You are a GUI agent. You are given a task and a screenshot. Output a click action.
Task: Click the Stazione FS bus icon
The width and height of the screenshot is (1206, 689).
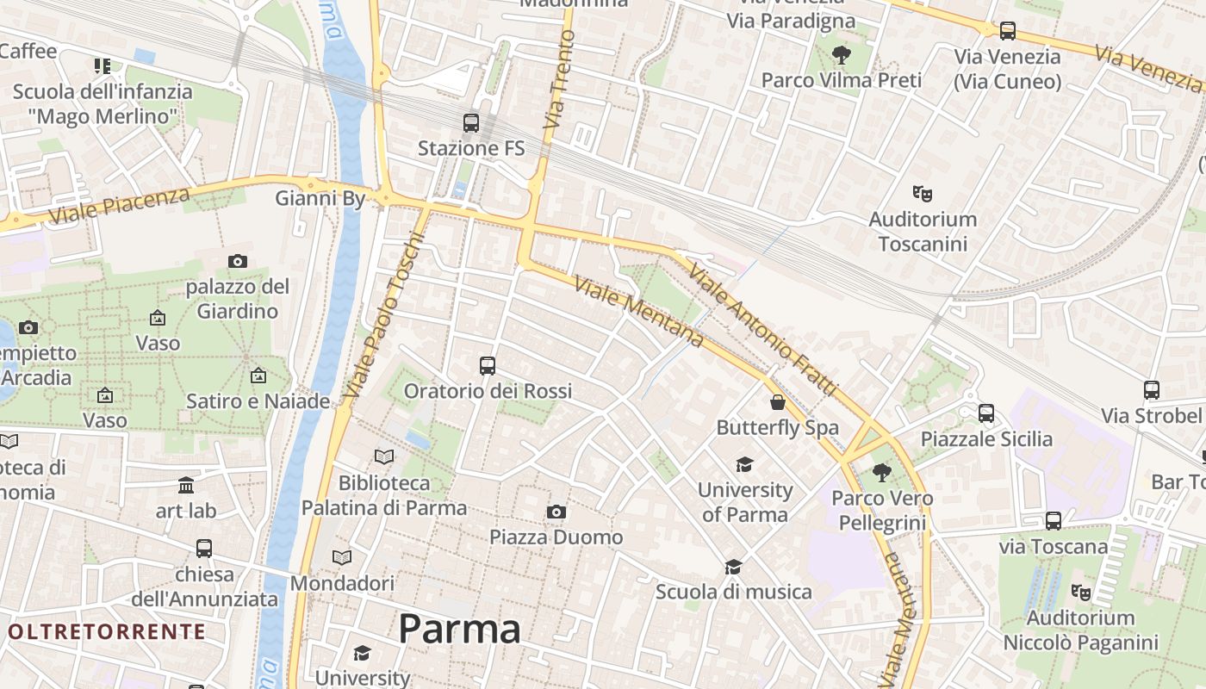(470, 122)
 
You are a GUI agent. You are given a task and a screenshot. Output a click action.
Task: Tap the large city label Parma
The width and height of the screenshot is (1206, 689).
(459, 630)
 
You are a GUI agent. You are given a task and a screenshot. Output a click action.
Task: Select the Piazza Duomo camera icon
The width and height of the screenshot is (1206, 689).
(556, 512)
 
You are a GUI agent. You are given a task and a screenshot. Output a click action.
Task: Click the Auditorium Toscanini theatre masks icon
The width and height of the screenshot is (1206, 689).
(923, 194)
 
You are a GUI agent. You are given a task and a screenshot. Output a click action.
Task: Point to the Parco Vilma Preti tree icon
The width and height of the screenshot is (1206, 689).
(841, 56)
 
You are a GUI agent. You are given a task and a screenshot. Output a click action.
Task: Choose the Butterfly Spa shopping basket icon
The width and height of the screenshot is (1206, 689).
(778, 402)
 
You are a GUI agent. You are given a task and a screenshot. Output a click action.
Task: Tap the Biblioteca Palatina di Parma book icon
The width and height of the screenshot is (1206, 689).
(384, 456)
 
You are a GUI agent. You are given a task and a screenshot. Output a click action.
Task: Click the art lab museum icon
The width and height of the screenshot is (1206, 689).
(186, 486)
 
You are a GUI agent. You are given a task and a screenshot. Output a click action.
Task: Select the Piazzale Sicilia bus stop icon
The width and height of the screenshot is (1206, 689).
(986, 413)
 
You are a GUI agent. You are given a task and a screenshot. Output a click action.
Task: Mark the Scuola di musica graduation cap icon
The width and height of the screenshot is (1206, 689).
(733, 567)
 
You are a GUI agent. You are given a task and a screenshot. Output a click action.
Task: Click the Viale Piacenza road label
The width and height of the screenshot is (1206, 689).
(119, 205)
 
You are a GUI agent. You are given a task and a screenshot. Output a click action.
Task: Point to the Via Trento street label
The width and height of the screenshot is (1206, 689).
(559, 79)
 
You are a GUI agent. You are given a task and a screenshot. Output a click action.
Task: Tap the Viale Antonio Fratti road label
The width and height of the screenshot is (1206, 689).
(762, 331)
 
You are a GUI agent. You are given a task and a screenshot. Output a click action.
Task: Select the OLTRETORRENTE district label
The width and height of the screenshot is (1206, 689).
(107, 631)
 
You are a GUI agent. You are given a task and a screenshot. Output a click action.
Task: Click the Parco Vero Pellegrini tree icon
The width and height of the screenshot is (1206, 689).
(881, 473)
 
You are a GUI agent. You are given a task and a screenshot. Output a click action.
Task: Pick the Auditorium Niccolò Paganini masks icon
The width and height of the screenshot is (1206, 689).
(1080, 593)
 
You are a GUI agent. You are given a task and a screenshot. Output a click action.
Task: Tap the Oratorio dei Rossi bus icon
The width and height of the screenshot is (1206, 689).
(488, 366)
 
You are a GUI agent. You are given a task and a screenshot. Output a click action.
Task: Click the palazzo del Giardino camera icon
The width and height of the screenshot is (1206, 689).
(237, 261)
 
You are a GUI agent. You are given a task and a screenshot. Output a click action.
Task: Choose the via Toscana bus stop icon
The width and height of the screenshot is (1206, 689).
(1054, 521)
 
